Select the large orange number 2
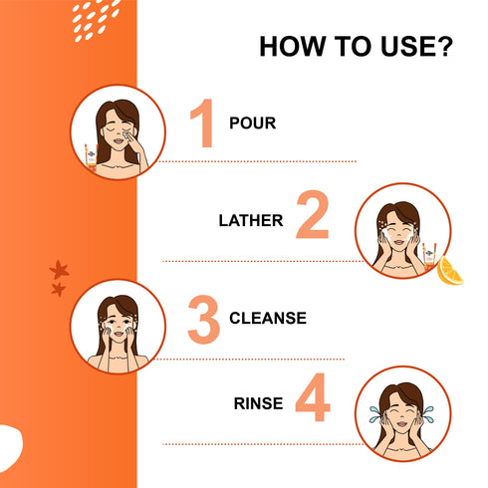[x=312, y=219]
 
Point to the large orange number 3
[x=203, y=320]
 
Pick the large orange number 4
[x=313, y=404]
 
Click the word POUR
[x=252, y=125]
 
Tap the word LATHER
[x=251, y=220]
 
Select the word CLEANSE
[x=268, y=320]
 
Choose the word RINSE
[x=259, y=404]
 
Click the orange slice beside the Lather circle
[x=450, y=271]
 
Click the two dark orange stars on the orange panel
[x=58, y=278]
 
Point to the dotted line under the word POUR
[x=259, y=161]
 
